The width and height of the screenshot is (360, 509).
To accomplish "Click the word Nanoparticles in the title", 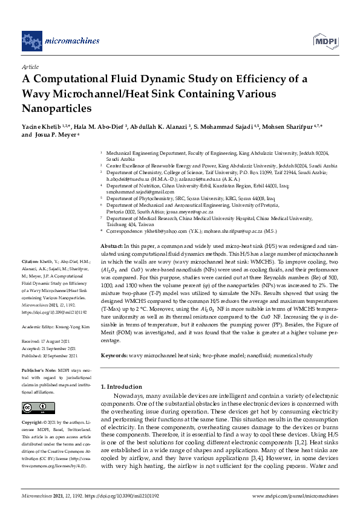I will (56, 109).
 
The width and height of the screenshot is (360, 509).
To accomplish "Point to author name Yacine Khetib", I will (41, 128).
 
